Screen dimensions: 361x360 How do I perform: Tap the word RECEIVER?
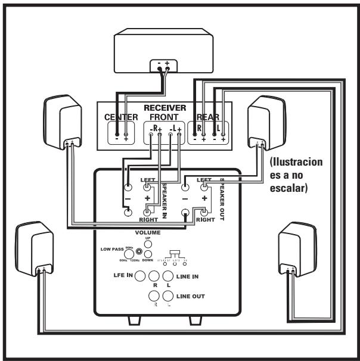coord(165,108)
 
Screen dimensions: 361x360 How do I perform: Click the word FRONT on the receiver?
coord(164,118)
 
